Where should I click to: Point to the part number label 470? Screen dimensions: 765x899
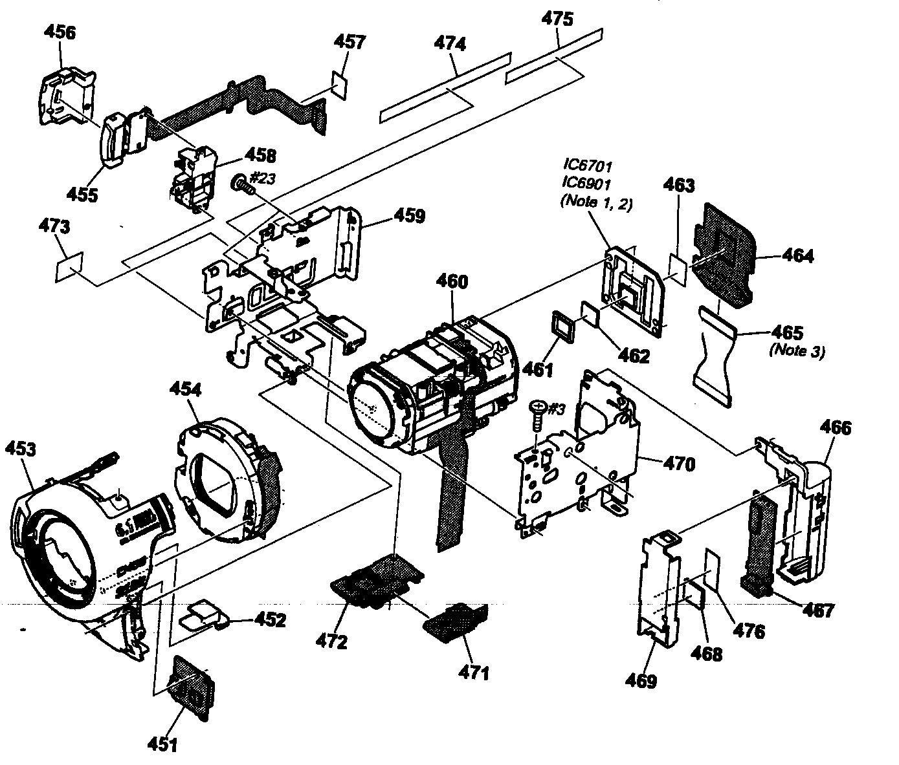click(678, 463)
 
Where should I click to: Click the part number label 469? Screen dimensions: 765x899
click(641, 680)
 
